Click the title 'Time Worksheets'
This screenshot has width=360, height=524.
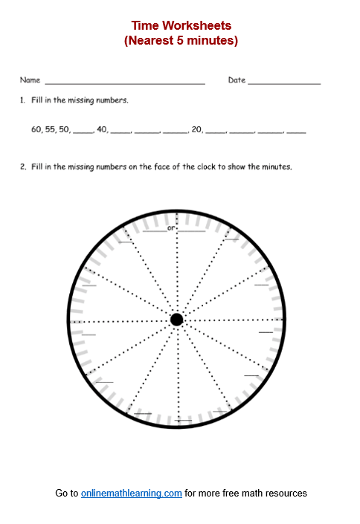(x=181, y=26)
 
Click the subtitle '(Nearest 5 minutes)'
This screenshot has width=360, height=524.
(x=181, y=41)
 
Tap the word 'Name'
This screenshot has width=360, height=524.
(x=30, y=80)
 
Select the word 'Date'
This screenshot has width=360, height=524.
(x=237, y=80)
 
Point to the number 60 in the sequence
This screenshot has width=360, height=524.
(x=36, y=129)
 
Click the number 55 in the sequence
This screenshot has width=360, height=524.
(x=51, y=129)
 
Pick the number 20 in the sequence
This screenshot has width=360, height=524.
(x=196, y=129)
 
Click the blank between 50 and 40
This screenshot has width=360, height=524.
(x=83, y=132)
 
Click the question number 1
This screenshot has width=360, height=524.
(x=23, y=100)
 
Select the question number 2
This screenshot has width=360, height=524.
(x=23, y=167)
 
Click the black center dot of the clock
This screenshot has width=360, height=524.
(x=176, y=320)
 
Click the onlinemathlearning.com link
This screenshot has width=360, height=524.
(x=132, y=493)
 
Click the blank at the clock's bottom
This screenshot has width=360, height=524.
(x=184, y=421)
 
